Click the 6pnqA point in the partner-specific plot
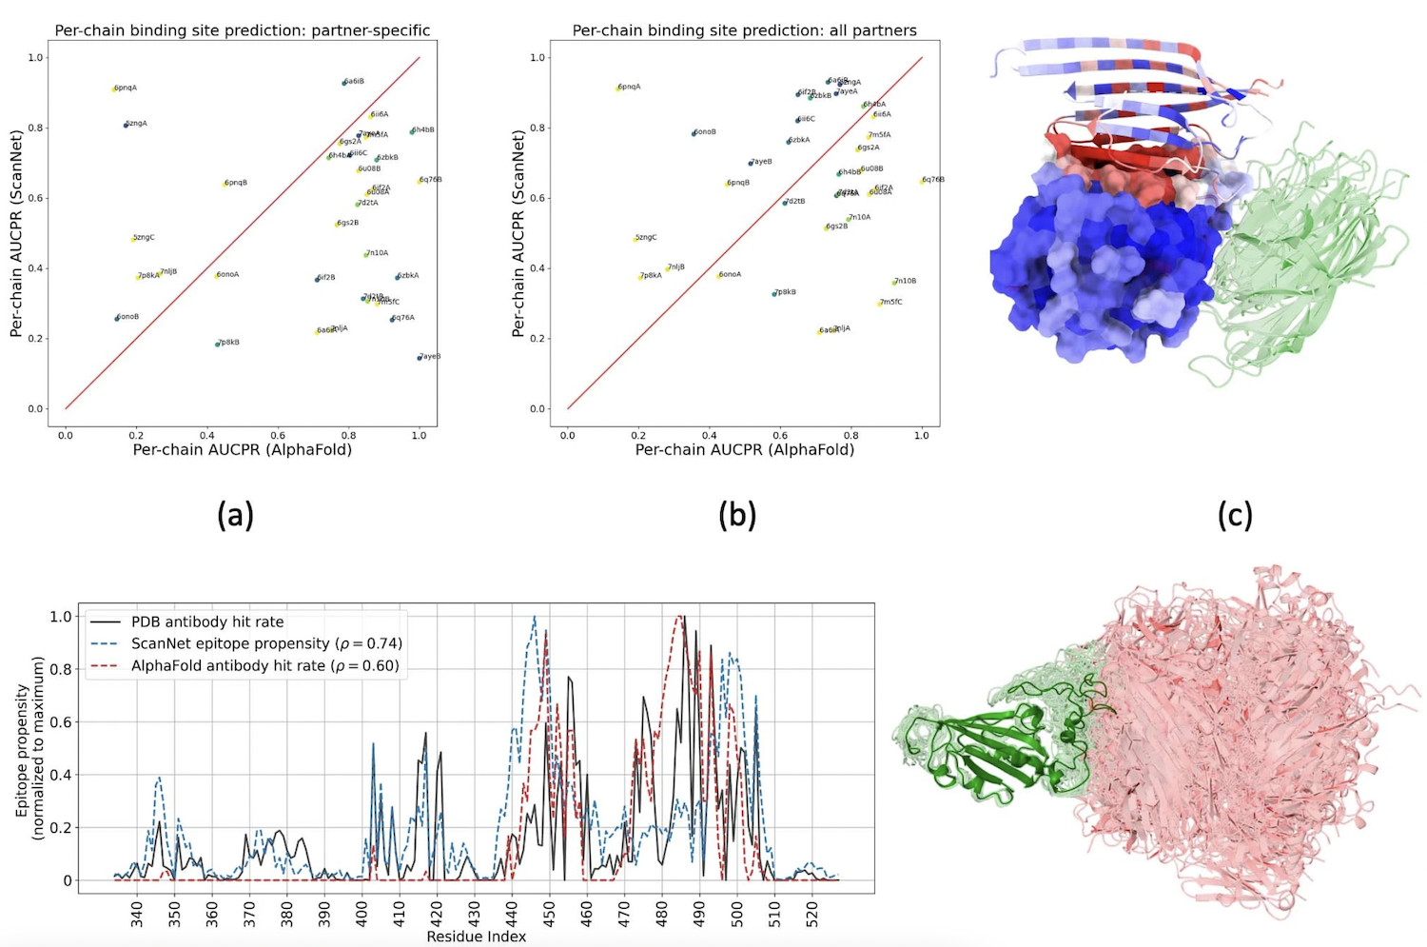114,89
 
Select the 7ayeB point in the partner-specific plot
420,358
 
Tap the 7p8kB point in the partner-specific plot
218,344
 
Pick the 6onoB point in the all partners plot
694,133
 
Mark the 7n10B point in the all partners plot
893,283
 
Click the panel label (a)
235,515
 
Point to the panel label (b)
737,515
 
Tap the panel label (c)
1234,515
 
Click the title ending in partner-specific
243,30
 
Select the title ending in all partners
744,30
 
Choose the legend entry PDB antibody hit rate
207,621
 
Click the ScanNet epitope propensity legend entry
266,643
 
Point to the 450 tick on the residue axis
550,915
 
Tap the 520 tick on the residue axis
812,915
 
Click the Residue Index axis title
476,937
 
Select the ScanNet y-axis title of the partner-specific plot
16,233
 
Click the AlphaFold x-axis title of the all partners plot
744,449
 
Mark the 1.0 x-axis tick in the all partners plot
922,435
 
